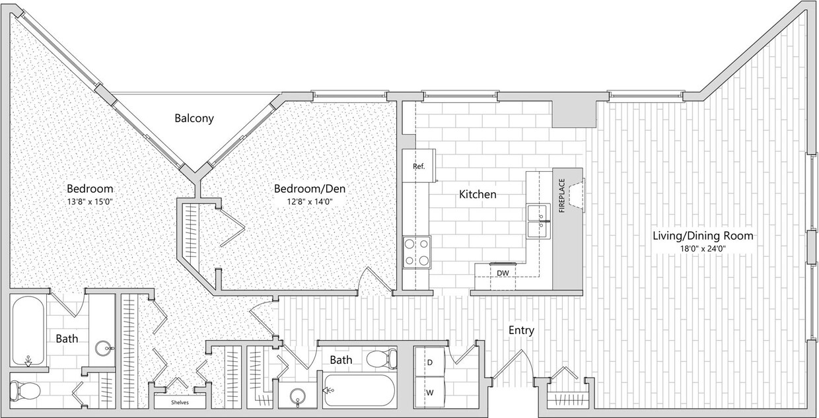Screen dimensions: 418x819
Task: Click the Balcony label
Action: (194, 119)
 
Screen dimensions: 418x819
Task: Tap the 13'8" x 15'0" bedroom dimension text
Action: (89, 201)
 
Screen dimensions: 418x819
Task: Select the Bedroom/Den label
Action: (310, 189)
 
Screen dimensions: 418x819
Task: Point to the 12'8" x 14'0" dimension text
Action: (310, 201)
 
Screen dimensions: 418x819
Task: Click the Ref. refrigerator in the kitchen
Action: (419, 166)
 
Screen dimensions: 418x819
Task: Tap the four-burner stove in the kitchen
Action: (417, 252)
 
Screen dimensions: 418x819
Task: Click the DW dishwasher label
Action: (503, 272)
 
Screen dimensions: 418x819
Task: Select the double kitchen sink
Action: (539, 221)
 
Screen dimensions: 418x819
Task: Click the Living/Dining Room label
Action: (703, 235)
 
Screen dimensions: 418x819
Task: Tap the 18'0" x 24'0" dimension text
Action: (703, 249)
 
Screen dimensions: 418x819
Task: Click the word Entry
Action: (520, 330)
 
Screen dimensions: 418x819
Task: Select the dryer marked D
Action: (430, 363)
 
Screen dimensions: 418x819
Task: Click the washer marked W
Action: (430, 393)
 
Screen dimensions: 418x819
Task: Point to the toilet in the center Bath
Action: (381, 360)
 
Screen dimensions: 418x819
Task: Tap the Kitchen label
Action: (478, 195)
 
